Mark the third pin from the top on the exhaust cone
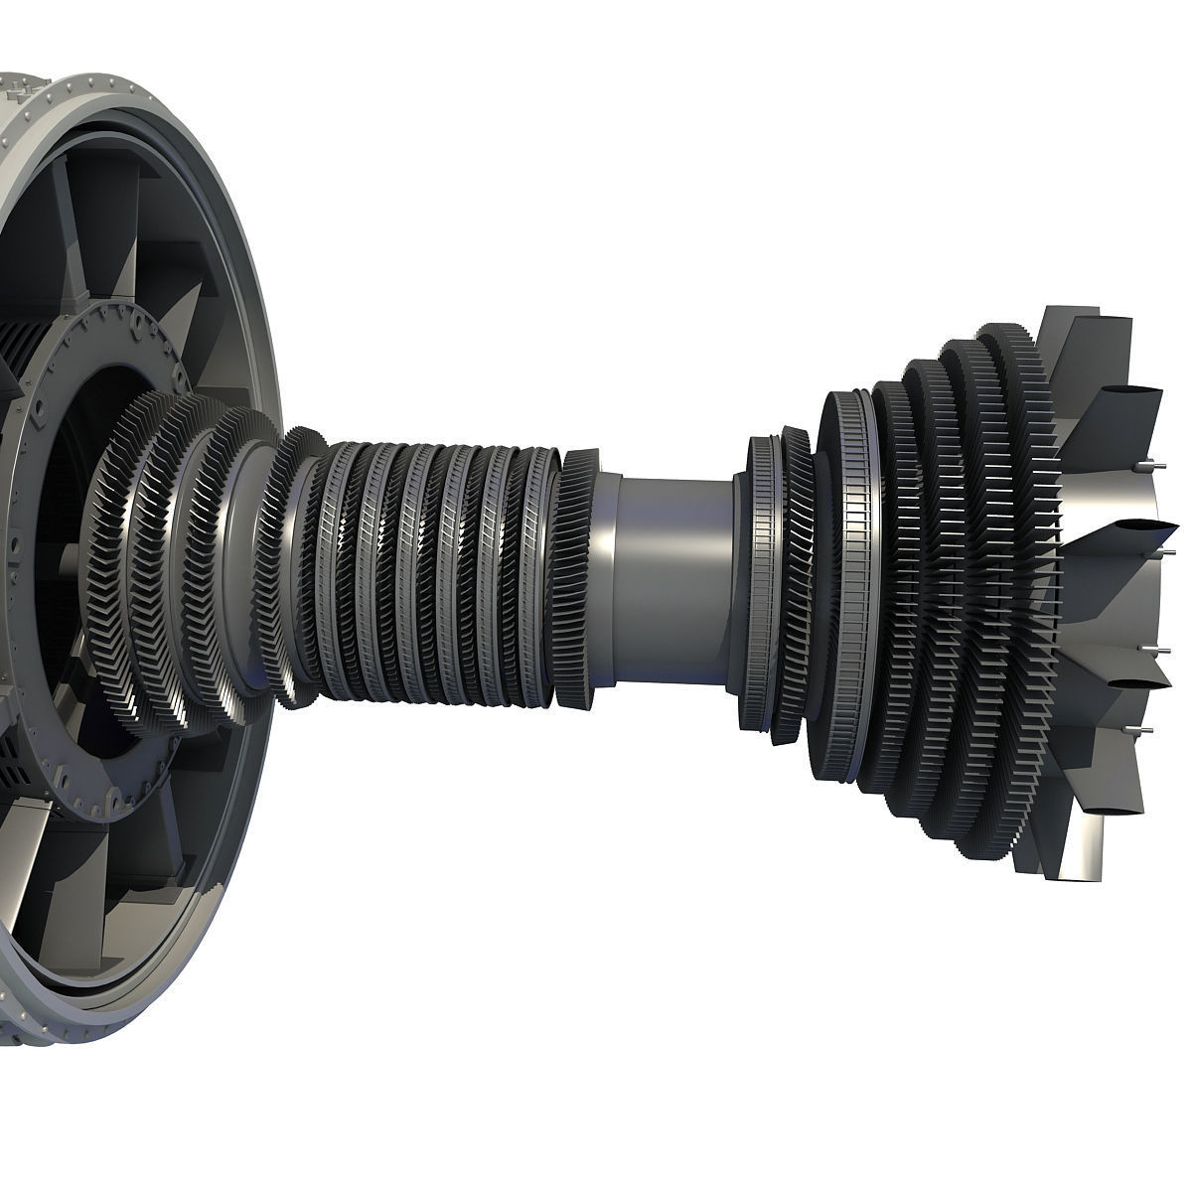click(x=1154, y=649)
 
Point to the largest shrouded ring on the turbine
click(x=849, y=586)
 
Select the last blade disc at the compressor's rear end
click(x=577, y=576)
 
